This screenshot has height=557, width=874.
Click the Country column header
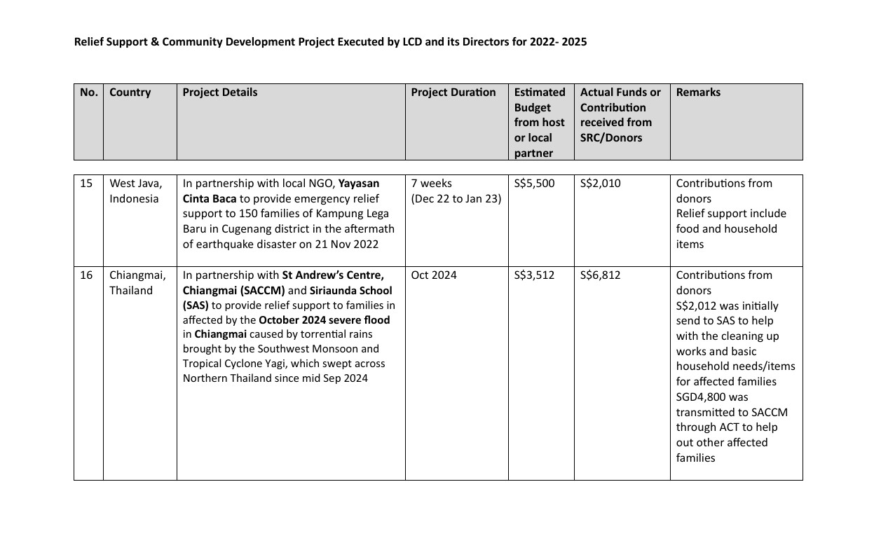(130, 92)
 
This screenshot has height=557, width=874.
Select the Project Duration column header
(453, 92)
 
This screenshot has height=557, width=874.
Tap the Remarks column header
(698, 92)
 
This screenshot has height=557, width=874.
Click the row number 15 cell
(86, 184)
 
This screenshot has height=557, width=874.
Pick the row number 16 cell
(86, 275)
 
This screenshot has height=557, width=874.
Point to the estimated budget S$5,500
(534, 184)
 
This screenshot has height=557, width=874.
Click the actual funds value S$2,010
(600, 184)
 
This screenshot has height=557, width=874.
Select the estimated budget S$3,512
(534, 275)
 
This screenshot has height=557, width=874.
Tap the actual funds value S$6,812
(600, 275)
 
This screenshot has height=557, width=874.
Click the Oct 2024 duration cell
(433, 275)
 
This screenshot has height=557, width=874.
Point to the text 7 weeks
(431, 184)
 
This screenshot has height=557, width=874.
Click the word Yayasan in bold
(359, 184)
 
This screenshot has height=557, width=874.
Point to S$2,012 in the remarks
(695, 306)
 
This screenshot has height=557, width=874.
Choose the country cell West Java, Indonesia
(135, 191)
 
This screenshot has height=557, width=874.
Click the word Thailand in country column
(130, 291)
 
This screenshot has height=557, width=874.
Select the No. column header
(88, 92)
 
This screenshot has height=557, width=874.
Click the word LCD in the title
(414, 42)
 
